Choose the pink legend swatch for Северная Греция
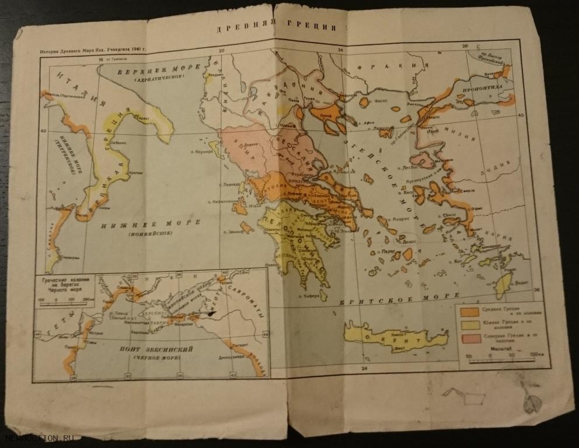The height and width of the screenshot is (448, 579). (471, 338)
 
